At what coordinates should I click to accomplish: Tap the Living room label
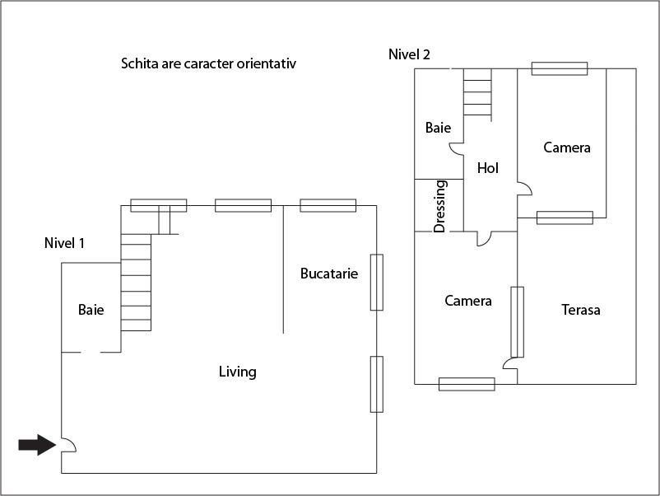pyautogui.click(x=237, y=372)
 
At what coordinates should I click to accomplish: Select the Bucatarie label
pyautogui.click(x=328, y=274)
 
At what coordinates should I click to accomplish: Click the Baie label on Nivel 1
pyautogui.click(x=91, y=310)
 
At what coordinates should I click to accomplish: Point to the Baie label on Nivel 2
pyautogui.click(x=438, y=128)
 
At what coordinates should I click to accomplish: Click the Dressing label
pyautogui.click(x=439, y=206)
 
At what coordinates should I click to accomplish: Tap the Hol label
pyautogui.click(x=488, y=167)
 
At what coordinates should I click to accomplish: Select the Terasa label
pyautogui.click(x=580, y=310)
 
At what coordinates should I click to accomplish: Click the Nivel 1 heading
pyautogui.click(x=64, y=243)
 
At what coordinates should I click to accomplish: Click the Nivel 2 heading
pyautogui.click(x=409, y=54)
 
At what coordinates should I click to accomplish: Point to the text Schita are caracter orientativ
pyautogui.click(x=208, y=63)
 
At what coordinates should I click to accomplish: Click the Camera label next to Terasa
pyautogui.click(x=467, y=301)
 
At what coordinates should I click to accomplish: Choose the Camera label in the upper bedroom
pyautogui.click(x=567, y=147)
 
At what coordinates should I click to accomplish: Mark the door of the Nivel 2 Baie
pyautogui.click(x=456, y=148)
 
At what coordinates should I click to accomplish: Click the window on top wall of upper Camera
pyautogui.click(x=559, y=68)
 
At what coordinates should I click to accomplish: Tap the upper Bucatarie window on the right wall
pyautogui.click(x=376, y=282)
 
